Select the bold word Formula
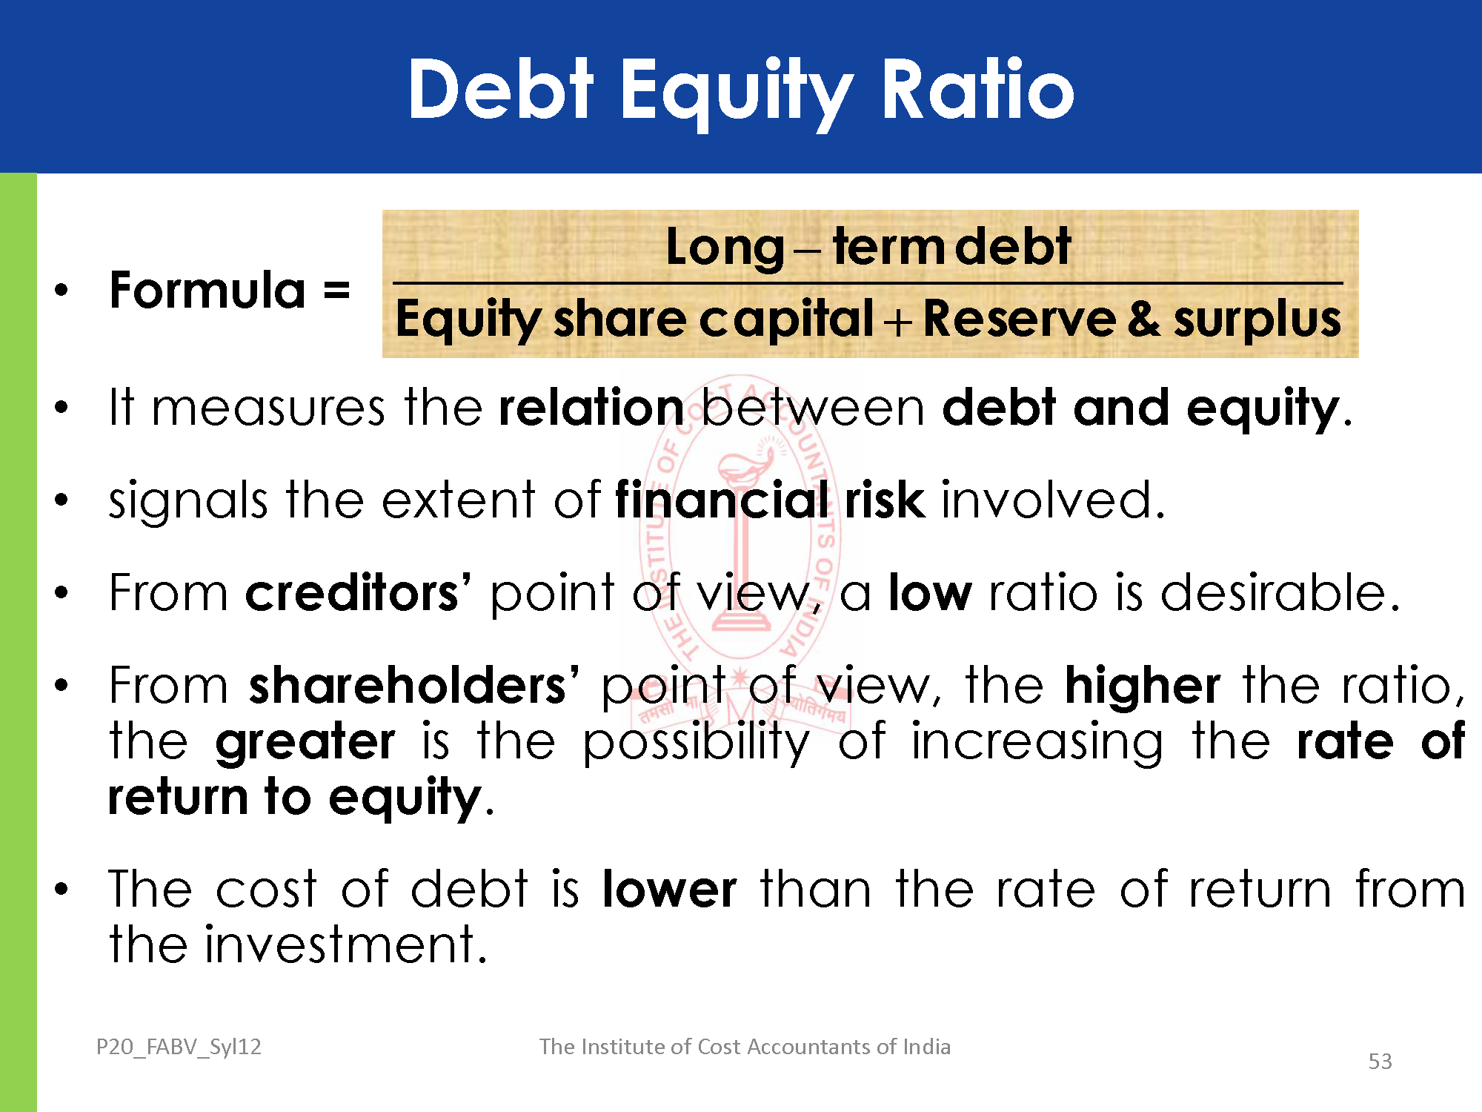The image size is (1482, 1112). (207, 290)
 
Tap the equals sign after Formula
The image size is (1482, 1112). (336, 290)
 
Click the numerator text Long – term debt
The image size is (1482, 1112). (868, 247)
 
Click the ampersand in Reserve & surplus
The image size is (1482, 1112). (1144, 319)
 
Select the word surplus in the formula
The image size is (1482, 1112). (1257, 320)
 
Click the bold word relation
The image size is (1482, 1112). (591, 408)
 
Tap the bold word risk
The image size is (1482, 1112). (885, 500)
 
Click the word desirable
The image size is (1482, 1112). (1280, 592)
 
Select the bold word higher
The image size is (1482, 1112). (1143, 686)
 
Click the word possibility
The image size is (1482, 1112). (697, 741)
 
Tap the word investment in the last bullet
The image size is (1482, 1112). (346, 944)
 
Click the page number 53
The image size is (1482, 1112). (1380, 1062)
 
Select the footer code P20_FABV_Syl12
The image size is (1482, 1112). (179, 1047)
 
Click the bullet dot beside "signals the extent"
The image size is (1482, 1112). (62, 500)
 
